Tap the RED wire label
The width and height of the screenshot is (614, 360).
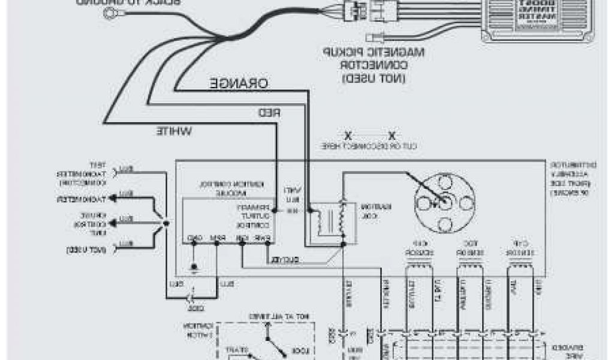click(x=270, y=113)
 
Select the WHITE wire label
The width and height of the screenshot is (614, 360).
click(x=174, y=130)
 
